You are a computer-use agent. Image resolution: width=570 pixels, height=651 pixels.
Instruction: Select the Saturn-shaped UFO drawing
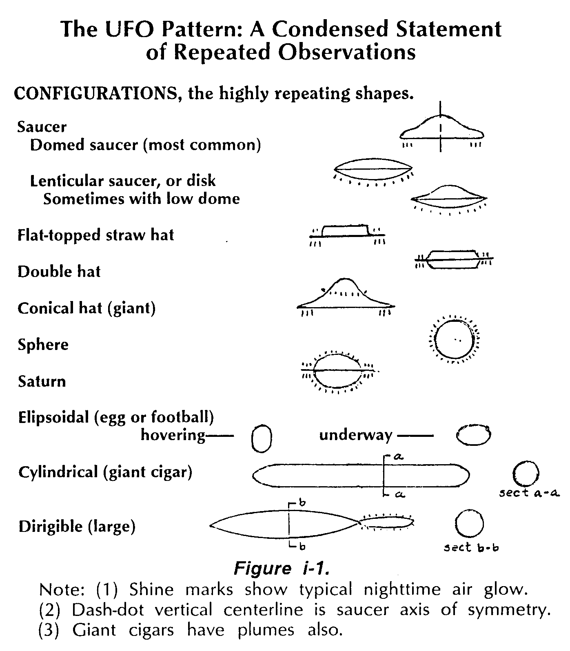tap(337, 371)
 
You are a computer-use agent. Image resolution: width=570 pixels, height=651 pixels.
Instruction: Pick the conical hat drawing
tap(346, 296)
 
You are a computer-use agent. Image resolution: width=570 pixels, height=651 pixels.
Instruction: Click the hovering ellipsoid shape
tap(261, 439)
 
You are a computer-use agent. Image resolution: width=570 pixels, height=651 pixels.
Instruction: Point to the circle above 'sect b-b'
tap(469, 525)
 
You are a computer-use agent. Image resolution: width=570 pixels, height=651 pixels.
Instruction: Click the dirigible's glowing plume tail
tap(387, 523)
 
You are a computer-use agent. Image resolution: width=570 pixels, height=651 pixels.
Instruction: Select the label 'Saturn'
tap(42, 381)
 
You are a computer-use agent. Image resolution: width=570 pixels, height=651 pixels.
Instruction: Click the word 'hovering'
tap(173, 435)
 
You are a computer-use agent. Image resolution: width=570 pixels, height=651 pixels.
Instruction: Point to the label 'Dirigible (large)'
tap(77, 527)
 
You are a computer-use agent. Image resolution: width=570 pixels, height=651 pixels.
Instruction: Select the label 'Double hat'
tap(59, 272)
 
